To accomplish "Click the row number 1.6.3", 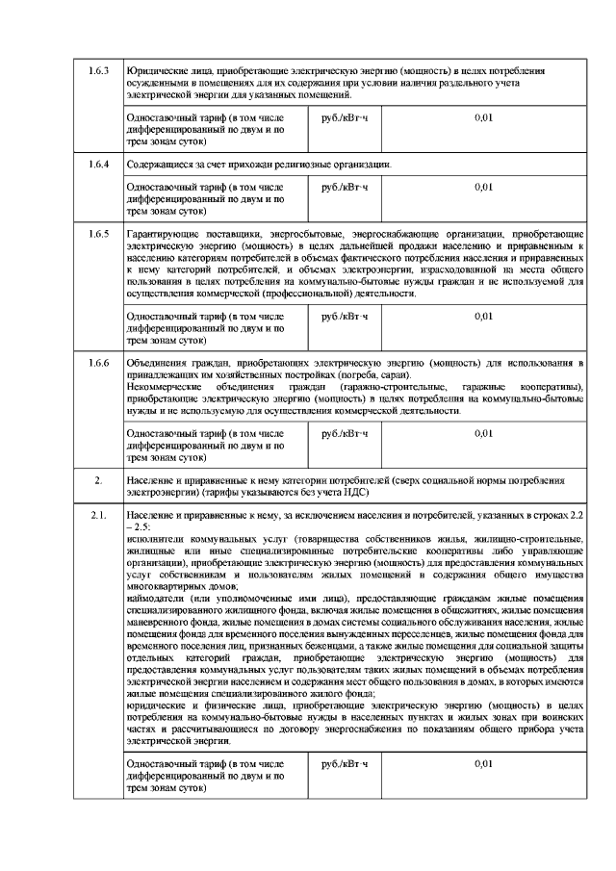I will pyautogui.click(x=99, y=71).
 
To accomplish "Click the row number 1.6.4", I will pyautogui.click(x=99, y=164).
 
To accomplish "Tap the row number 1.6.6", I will pyautogui.click(x=99, y=362).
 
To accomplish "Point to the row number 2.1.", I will pyautogui.click(x=98, y=516).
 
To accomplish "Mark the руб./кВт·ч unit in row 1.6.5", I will pyautogui.click(x=346, y=316).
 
